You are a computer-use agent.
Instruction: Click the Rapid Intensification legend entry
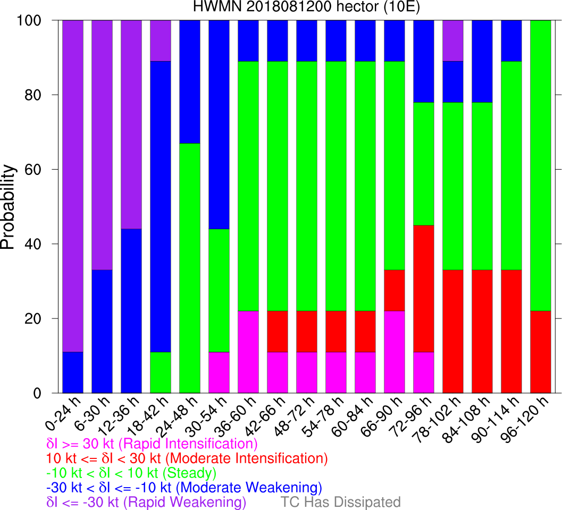152,443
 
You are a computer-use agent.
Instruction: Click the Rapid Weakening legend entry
147,501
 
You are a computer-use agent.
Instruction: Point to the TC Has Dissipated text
341,501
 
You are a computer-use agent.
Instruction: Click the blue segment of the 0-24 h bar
73,372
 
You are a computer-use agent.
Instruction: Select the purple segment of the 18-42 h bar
161,40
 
